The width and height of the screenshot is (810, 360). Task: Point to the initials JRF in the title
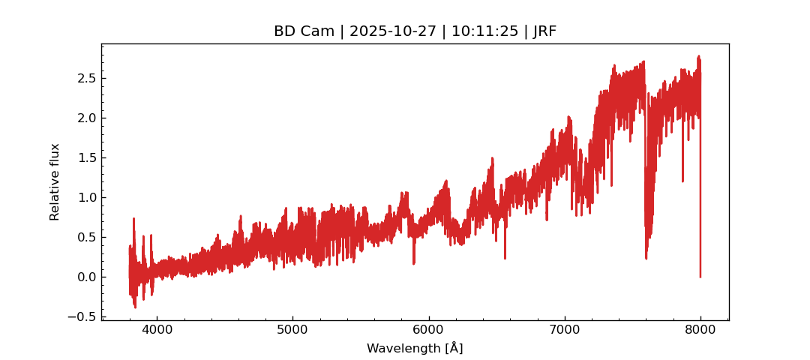(x=544, y=31)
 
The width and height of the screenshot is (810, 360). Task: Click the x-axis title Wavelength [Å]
(x=415, y=349)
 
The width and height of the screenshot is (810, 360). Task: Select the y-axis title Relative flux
(x=55, y=181)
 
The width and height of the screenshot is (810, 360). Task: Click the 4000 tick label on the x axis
(x=156, y=331)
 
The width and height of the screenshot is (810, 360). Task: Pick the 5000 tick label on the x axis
(x=292, y=331)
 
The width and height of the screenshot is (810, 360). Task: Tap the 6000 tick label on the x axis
(x=428, y=331)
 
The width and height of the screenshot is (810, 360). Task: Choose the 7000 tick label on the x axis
(x=564, y=331)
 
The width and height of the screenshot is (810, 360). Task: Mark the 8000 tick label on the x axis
(x=700, y=331)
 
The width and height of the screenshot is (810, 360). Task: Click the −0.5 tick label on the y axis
(x=82, y=316)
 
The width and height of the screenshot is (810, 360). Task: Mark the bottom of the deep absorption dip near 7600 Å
(x=646, y=258)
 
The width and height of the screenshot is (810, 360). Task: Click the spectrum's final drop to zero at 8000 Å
(x=700, y=276)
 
